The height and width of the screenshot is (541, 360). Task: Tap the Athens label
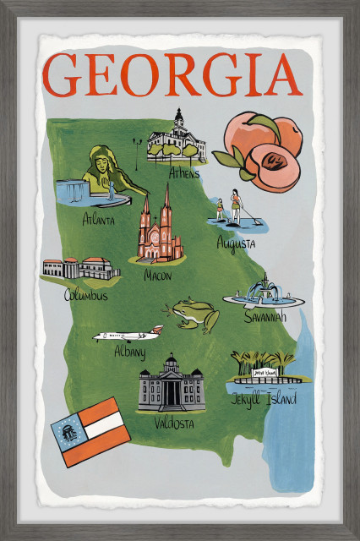[x=183, y=174]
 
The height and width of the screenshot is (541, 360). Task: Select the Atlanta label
[x=99, y=220]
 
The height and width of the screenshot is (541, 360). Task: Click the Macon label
[x=157, y=275]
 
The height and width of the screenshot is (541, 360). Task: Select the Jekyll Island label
[x=264, y=399]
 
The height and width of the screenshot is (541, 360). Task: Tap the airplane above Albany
[x=128, y=335]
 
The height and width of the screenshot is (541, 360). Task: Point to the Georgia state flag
[x=90, y=432]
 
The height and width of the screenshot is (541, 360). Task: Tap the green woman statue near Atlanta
[x=104, y=172]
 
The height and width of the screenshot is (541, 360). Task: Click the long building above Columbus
[x=81, y=269]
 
